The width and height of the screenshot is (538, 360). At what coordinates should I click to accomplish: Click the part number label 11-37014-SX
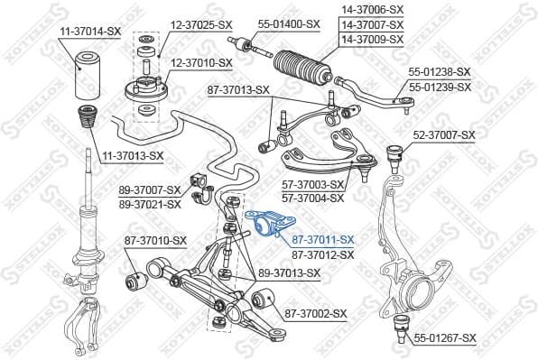coord(90,31)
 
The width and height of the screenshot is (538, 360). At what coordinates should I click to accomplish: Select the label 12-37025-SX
coord(201,23)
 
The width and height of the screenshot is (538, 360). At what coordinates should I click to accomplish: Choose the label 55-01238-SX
coord(440,71)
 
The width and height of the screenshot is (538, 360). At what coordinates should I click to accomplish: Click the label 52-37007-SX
coord(443,135)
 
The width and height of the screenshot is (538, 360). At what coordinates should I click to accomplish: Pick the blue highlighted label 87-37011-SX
coord(323,240)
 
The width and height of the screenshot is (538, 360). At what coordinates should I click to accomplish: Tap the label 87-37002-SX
coord(316,313)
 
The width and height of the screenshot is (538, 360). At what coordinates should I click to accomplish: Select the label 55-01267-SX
coord(445,338)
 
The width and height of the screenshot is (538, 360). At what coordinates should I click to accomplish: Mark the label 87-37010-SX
coord(155,240)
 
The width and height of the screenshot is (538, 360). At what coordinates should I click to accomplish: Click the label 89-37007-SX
coord(150,190)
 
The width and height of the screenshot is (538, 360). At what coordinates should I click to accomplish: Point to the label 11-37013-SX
coord(132,155)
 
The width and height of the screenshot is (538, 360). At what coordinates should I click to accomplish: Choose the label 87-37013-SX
coord(238,89)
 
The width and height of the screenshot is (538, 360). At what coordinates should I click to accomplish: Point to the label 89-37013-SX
coord(289,272)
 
